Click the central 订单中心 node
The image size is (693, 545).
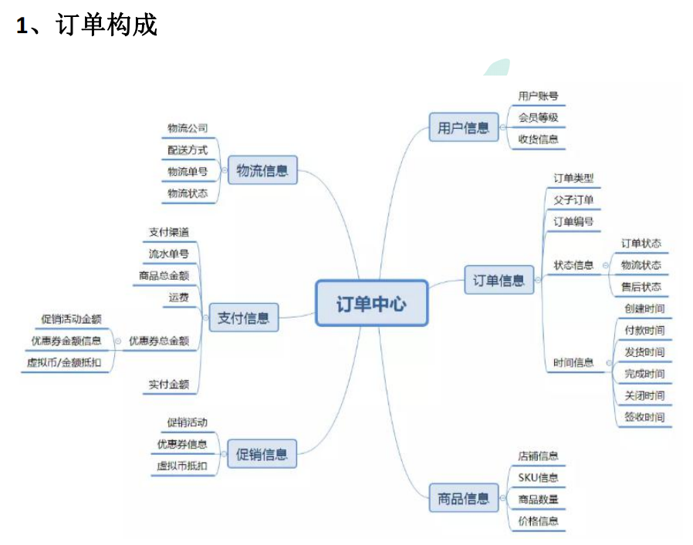(x=371, y=303)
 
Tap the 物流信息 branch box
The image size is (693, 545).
(x=262, y=170)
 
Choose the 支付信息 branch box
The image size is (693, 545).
(x=243, y=318)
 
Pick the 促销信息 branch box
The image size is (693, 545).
(x=262, y=454)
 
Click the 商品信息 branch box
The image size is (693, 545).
(x=463, y=498)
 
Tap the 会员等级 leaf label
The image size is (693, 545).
(x=538, y=118)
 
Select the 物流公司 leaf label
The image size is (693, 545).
(x=188, y=128)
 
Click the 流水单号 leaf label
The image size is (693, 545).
(x=168, y=253)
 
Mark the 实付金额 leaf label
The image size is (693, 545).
(x=168, y=385)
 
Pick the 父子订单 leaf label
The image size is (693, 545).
(x=573, y=200)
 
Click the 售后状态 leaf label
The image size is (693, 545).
(x=641, y=287)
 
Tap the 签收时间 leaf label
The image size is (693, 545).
(x=644, y=417)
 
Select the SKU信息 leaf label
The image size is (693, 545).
(x=538, y=477)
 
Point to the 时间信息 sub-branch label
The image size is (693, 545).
(x=573, y=362)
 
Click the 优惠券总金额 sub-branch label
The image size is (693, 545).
(x=159, y=340)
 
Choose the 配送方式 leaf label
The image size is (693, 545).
(x=188, y=150)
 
